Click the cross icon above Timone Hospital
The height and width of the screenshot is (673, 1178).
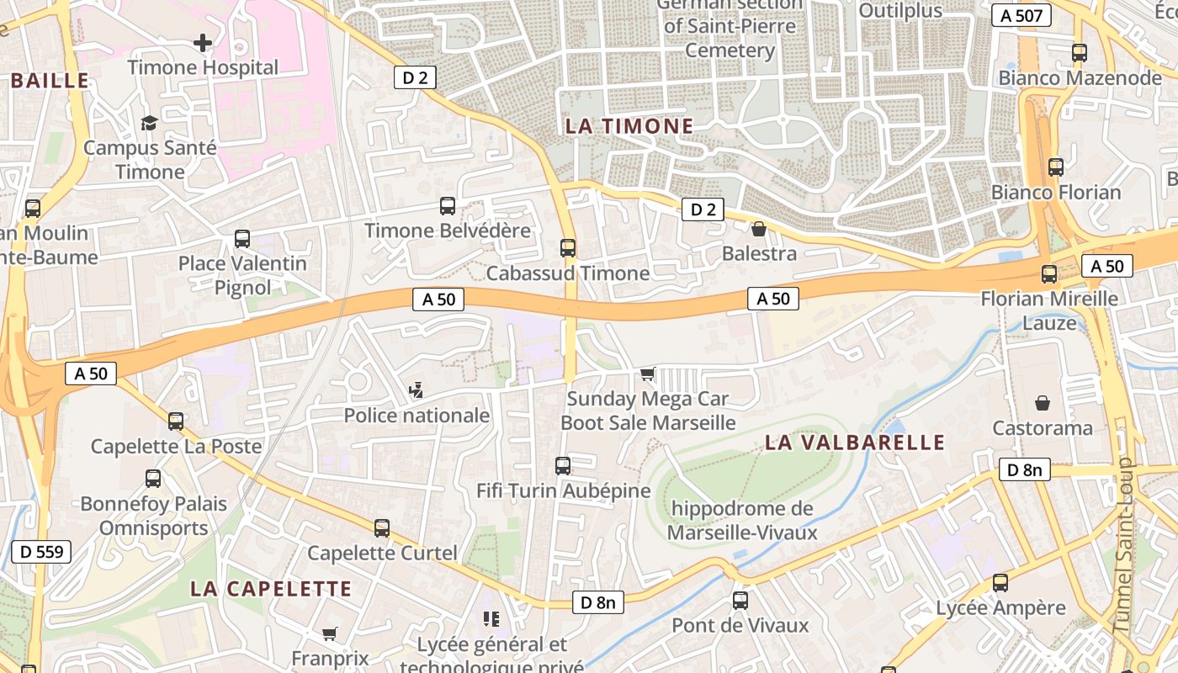tap(202, 42)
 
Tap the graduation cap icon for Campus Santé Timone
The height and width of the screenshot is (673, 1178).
tap(149, 123)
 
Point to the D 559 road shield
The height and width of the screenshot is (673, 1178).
tap(40, 552)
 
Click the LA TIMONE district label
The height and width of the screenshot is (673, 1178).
tap(629, 126)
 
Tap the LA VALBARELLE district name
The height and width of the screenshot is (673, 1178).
tap(855, 442)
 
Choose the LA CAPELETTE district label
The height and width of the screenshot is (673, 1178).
tap(270, 588)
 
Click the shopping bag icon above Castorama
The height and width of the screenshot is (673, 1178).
tap(1043, 403)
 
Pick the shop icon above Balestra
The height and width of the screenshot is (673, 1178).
tap(759, 228)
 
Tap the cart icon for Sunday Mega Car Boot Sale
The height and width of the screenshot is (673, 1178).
tap(647, 374)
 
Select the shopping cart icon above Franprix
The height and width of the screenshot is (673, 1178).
tap(329, 633)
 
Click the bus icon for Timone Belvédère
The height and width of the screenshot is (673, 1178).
tap(448, 206)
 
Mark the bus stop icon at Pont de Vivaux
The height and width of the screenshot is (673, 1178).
tap(740, 601)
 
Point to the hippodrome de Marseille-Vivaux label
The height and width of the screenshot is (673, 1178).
tap(730, 520)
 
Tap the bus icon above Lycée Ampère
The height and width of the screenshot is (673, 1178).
tap(1000, 583)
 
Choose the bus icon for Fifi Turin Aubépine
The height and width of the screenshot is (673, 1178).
tap(563, 465)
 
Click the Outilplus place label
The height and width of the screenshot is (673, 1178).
tap(900, 11)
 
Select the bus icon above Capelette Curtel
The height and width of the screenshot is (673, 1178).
tap(382, 528)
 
